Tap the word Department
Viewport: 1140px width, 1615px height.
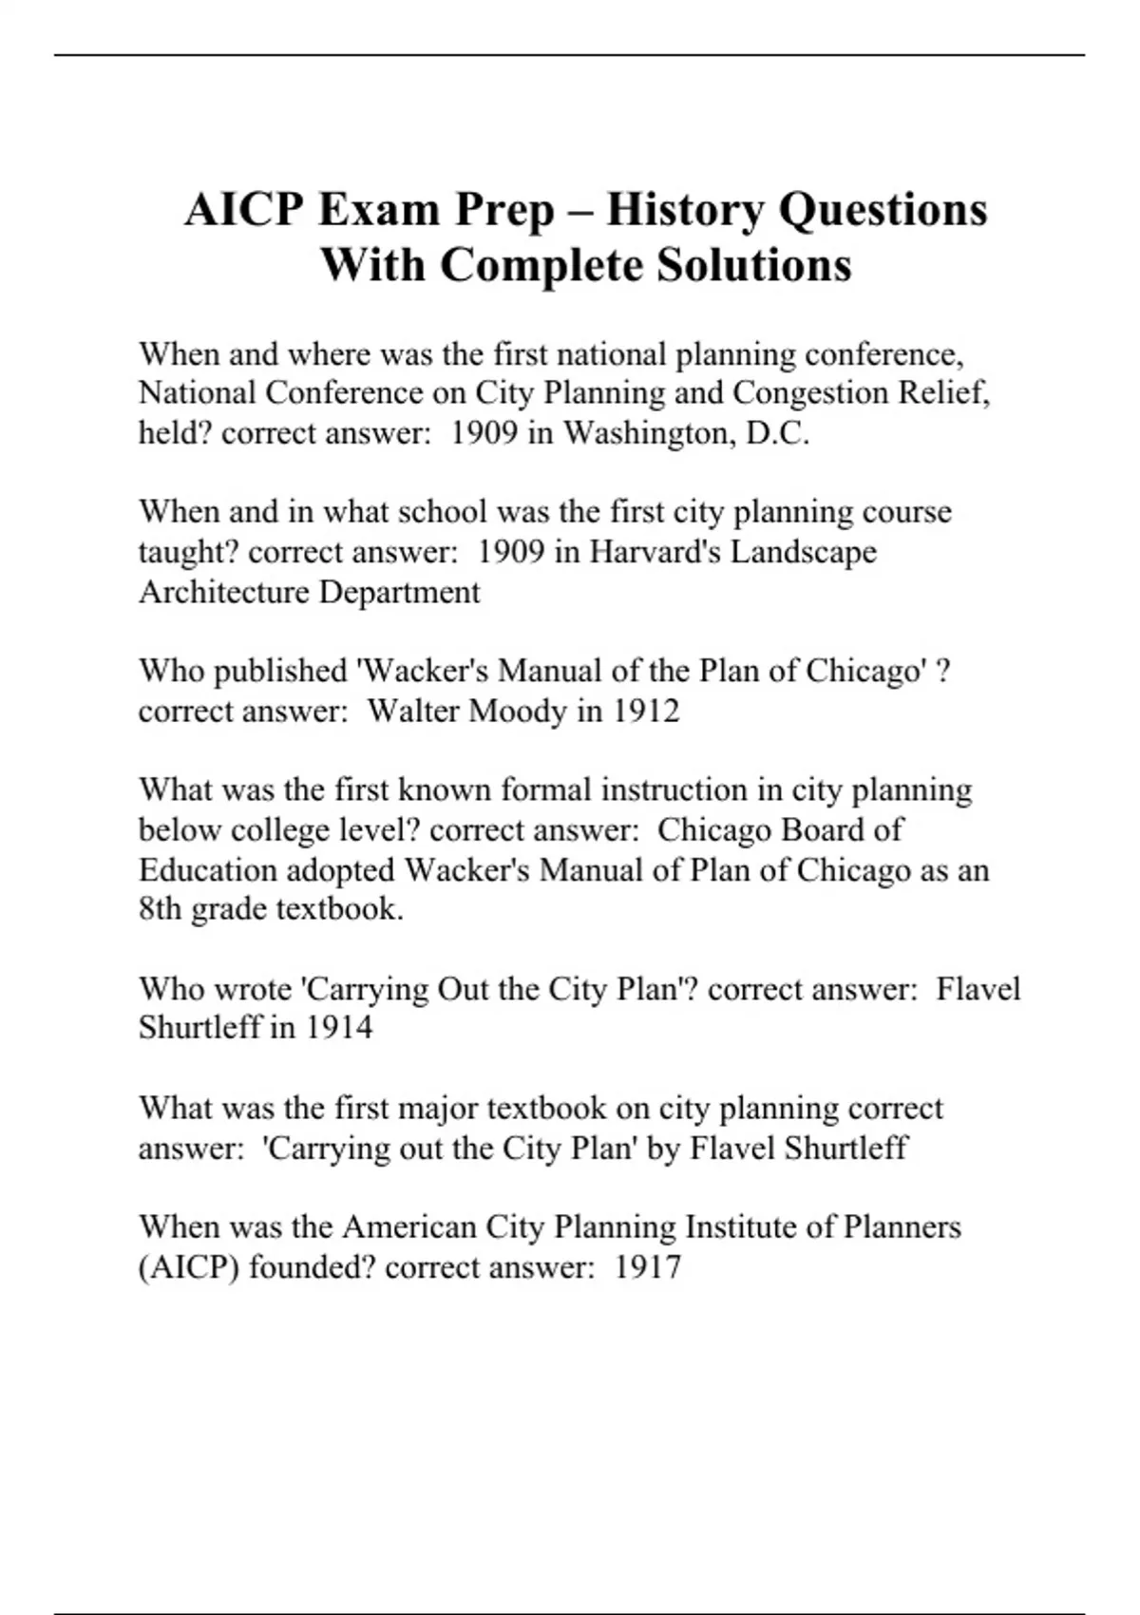[399, 592]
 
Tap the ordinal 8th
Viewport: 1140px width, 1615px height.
[160, 909]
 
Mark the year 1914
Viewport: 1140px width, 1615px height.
[338, 1028]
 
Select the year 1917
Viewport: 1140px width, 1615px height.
[647, 1267]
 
